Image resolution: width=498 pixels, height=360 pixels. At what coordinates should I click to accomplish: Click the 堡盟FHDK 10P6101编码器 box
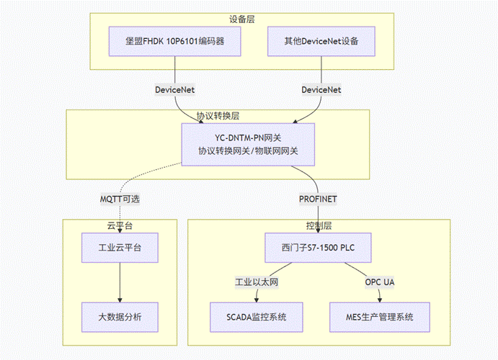pos(176,42)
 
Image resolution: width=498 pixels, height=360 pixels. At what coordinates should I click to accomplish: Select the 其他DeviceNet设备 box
pos(321,42)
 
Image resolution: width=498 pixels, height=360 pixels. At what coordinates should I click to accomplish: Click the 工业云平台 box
pos(120,248)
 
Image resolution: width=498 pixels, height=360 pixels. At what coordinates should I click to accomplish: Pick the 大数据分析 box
pos(120,316)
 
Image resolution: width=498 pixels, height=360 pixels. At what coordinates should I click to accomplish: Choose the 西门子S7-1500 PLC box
pos(318,248)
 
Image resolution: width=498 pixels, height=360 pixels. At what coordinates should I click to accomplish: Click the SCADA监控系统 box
pos(256,316)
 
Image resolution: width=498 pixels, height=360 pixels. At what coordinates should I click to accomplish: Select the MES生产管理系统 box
pos(381,316)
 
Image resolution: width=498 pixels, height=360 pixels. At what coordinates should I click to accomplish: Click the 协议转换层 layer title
pos(218,115)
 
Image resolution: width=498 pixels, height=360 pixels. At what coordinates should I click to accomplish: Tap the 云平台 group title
pos(120,225)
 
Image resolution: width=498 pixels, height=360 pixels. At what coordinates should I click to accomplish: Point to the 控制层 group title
pos(318,225)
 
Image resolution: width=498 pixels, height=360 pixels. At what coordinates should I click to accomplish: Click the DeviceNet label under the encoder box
pos(175,90)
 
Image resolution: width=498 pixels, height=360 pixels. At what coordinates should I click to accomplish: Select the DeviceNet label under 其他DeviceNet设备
pos(321,90)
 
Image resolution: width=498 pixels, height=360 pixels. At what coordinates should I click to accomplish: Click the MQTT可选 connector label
pos(120,199)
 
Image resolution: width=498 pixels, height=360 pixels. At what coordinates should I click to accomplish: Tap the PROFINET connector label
pos(318,199)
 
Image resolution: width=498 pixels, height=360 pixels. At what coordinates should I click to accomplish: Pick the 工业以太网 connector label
pos(257,282)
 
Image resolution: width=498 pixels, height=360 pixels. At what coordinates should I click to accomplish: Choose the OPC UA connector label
pos(381,282)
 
